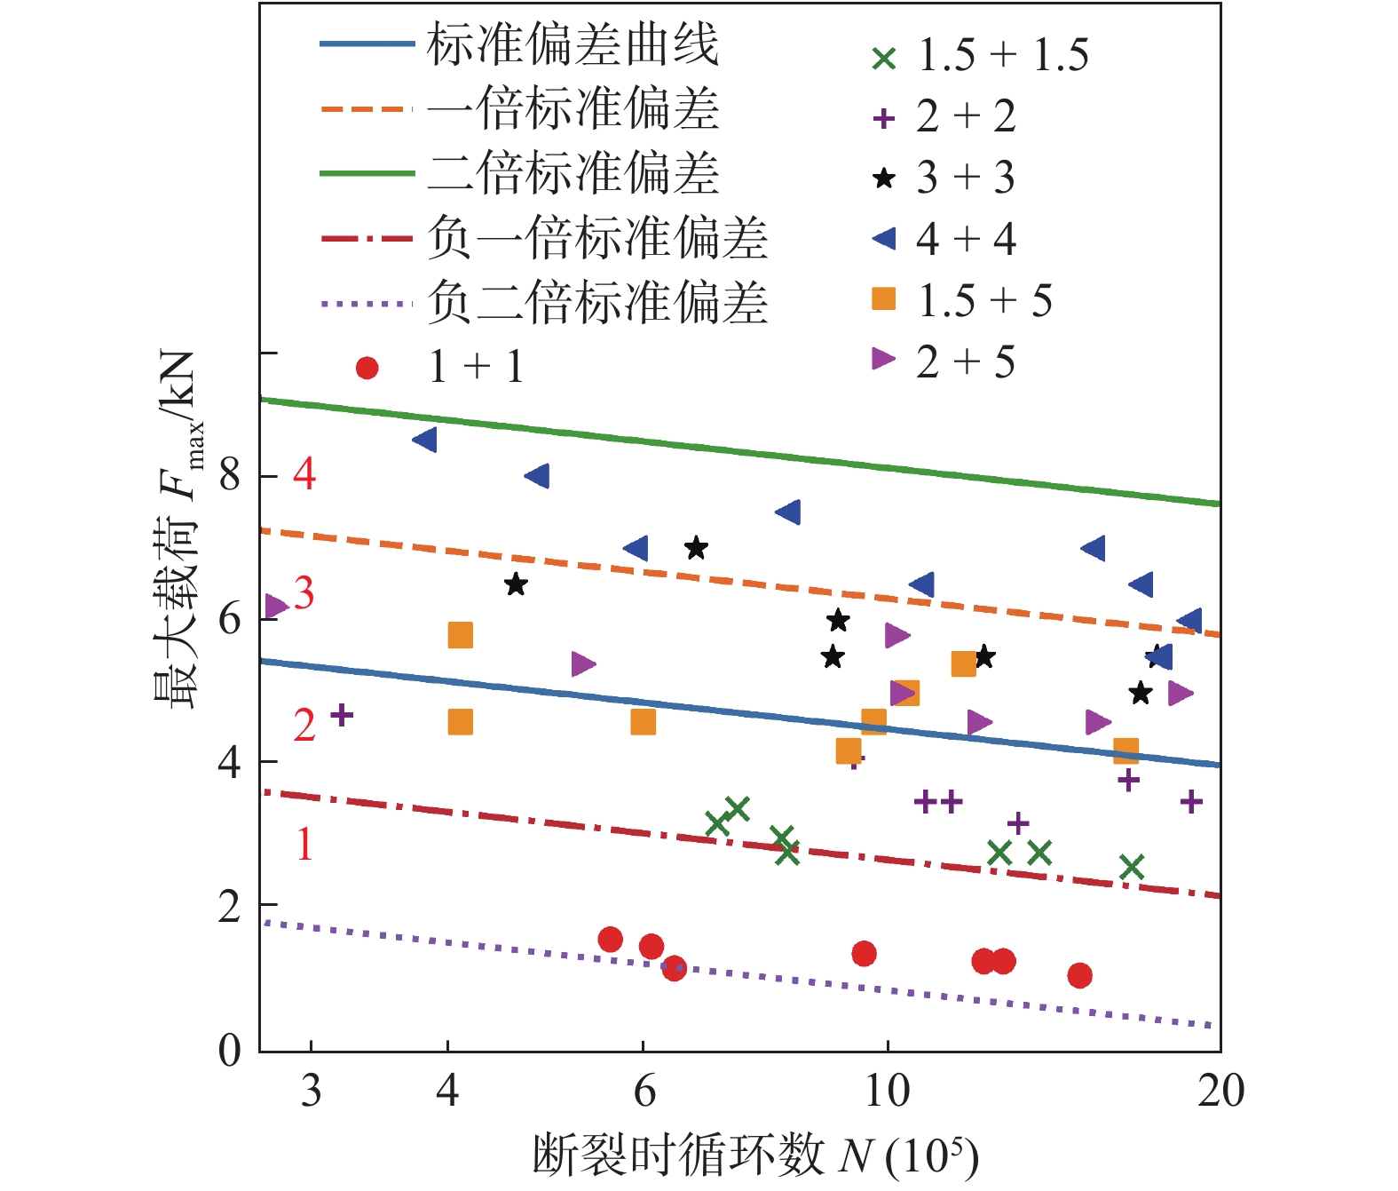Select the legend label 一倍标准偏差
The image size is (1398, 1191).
pos(572,109)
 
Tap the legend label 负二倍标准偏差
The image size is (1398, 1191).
pos(596,303)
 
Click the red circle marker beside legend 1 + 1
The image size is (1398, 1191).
pos(367,368)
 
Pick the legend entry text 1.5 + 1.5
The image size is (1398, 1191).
pos(1002,55)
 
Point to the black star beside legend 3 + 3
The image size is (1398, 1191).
pos(884,178)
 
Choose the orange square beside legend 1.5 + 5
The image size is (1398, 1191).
pos(884,299)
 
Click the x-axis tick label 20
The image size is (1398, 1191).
pos(1220,1090)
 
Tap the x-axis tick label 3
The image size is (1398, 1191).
pos(311,1090)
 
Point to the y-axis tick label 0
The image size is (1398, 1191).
pos(230,1050)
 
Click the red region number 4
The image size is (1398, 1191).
pos(304,474)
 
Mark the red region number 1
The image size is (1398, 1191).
pos(304,844)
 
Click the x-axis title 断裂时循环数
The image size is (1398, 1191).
pos(679,1155)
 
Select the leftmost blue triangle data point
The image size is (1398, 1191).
pos(425,440)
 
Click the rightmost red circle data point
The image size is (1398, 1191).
pos(1079,975)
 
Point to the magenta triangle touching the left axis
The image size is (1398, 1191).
pos(275,607)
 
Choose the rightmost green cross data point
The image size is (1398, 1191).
pos(1132,866)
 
